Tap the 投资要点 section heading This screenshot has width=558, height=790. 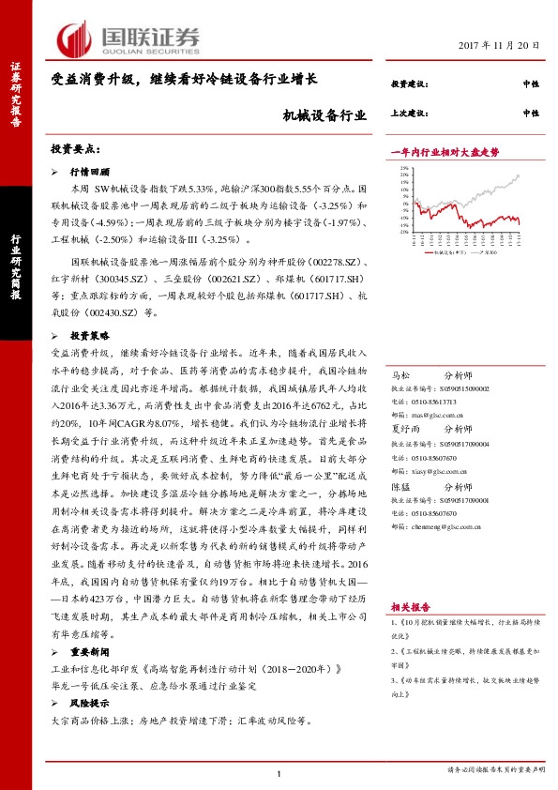point(76,150)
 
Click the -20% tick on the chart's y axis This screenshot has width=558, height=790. point(403,234)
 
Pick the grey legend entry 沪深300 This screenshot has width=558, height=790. point(490,253)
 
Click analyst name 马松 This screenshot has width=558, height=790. point(400,372)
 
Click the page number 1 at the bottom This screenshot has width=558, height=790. point(279,772)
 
